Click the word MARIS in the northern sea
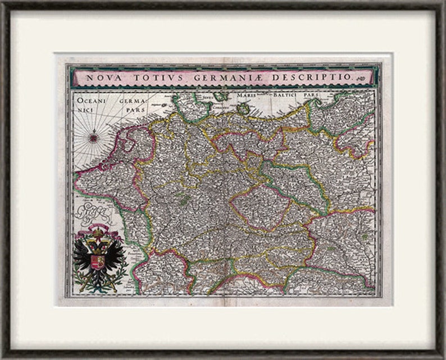[245, 95]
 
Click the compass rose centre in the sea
[93, 136]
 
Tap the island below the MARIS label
[244, 108]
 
